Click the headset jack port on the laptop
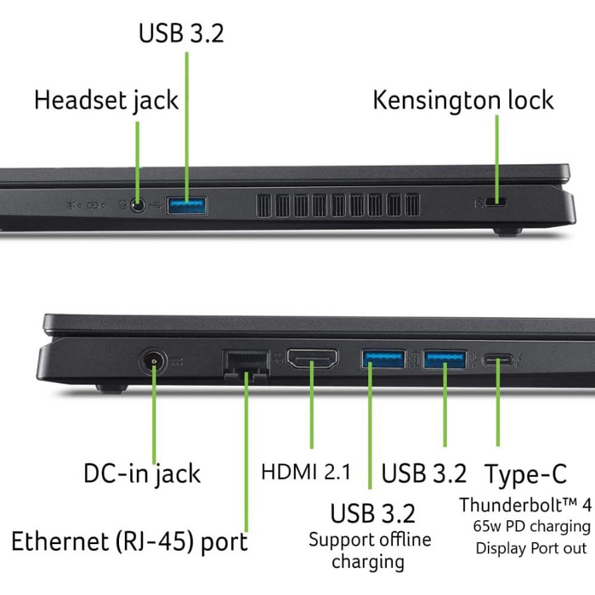click(138, 206)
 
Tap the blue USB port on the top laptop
click(187, 206)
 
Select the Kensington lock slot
click(496, 202)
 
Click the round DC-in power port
click(153, 362)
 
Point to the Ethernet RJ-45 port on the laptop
click(246, 365)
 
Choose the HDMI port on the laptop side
click(312, 359)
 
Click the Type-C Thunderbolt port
click(497, 360)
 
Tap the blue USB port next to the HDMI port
click(383, 359)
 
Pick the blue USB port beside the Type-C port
click(445, 359)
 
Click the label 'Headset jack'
click(106, 101)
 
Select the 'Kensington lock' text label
click(463, 100)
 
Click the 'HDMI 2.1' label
click(306, 473)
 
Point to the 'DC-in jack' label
click(142, 474)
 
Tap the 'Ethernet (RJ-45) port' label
click(129, 542)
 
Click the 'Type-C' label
click(526, 474)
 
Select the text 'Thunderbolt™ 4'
click(525, 505)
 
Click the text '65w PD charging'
click(531, 527)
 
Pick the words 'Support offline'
click(370, 539)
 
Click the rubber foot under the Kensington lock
click(507, 231)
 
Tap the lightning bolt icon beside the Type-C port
click(519, 360)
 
